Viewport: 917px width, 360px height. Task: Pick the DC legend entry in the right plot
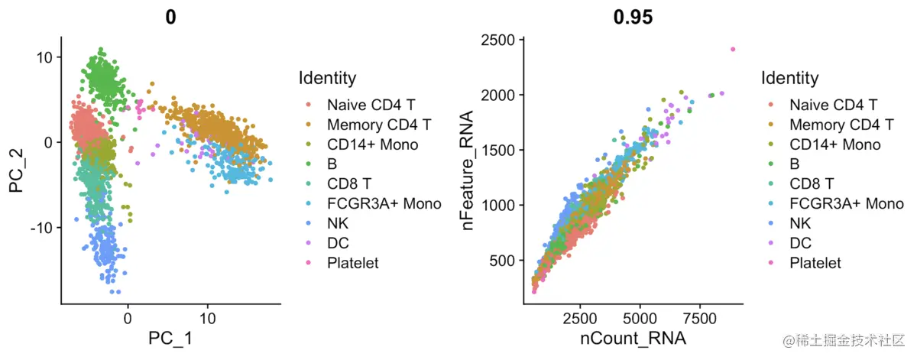point(799,243)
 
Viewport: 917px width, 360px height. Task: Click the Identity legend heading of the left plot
point(327,78)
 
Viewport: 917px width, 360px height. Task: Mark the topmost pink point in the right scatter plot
point(732,50)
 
